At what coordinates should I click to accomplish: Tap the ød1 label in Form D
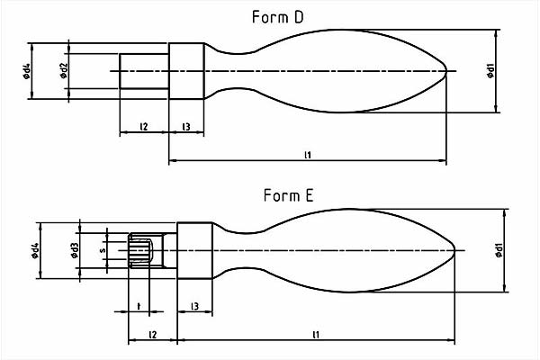[x=490, y=70]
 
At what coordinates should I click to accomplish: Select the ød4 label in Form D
[x=29, y=71]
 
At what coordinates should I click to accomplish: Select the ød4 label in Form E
[x=36, y=250]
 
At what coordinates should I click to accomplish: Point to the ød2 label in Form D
[x=64, y=71]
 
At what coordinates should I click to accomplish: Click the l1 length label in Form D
[x=308, y=155]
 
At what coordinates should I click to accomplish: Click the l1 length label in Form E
[x=315, y=335]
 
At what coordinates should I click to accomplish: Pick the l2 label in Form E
[x=152, y=335]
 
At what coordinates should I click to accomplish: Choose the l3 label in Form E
[x=194, y=308]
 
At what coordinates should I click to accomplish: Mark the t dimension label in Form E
[x=138, y=307]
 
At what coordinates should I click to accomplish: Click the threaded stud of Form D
[x=144, y=71]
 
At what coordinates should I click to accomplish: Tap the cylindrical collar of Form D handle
[x=186, y=71]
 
